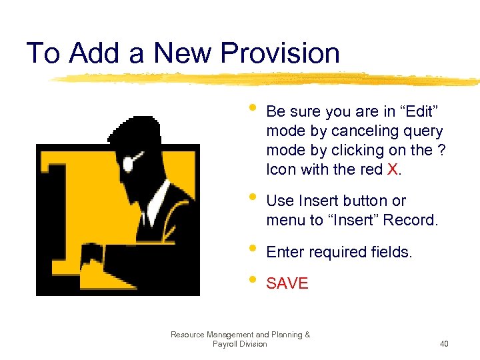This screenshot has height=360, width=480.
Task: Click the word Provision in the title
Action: click(x=279, y=53)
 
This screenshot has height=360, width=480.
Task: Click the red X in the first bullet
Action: click(x=392, y=169)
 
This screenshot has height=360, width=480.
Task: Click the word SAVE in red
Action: click(x=287, y=283)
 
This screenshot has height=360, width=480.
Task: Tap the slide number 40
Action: click(x=445, y=344)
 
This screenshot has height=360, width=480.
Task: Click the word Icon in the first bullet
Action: click(x=281, y=169)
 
